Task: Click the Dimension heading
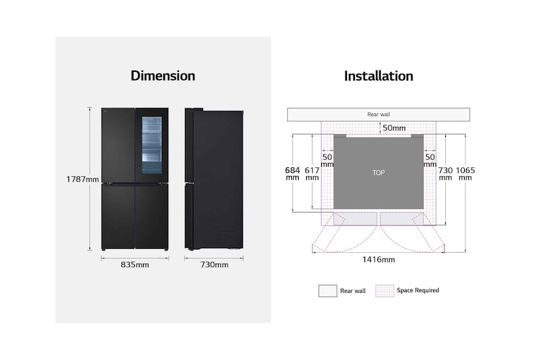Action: point(163,76)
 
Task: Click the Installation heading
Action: point(378,76)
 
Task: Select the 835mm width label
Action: point(134,264)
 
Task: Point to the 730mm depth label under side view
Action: point(214,264)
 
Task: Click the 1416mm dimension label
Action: point(379,259)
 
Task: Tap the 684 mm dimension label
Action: point(292,173)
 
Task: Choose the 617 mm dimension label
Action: point(312,173)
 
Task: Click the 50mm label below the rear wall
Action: point(394,127)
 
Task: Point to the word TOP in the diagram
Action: point(378,173)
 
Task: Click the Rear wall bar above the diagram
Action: point(378,115)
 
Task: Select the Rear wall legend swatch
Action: point(327,291)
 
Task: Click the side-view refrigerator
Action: point(213,180)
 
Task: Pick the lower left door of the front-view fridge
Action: point(119,216)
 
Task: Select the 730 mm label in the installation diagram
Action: point(446,174)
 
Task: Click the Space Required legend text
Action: point(418,290)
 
